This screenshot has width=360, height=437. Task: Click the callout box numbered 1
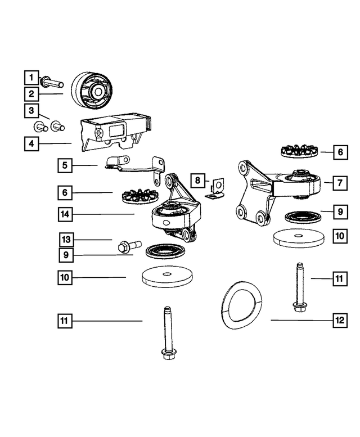(x=31, y=76)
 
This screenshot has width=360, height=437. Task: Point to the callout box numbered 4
(x=31, y=143)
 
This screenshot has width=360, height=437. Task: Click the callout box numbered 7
(x=340, y=183)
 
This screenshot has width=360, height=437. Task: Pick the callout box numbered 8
(x=197, y=181)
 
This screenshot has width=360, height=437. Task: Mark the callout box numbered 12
(x=339, y=320)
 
